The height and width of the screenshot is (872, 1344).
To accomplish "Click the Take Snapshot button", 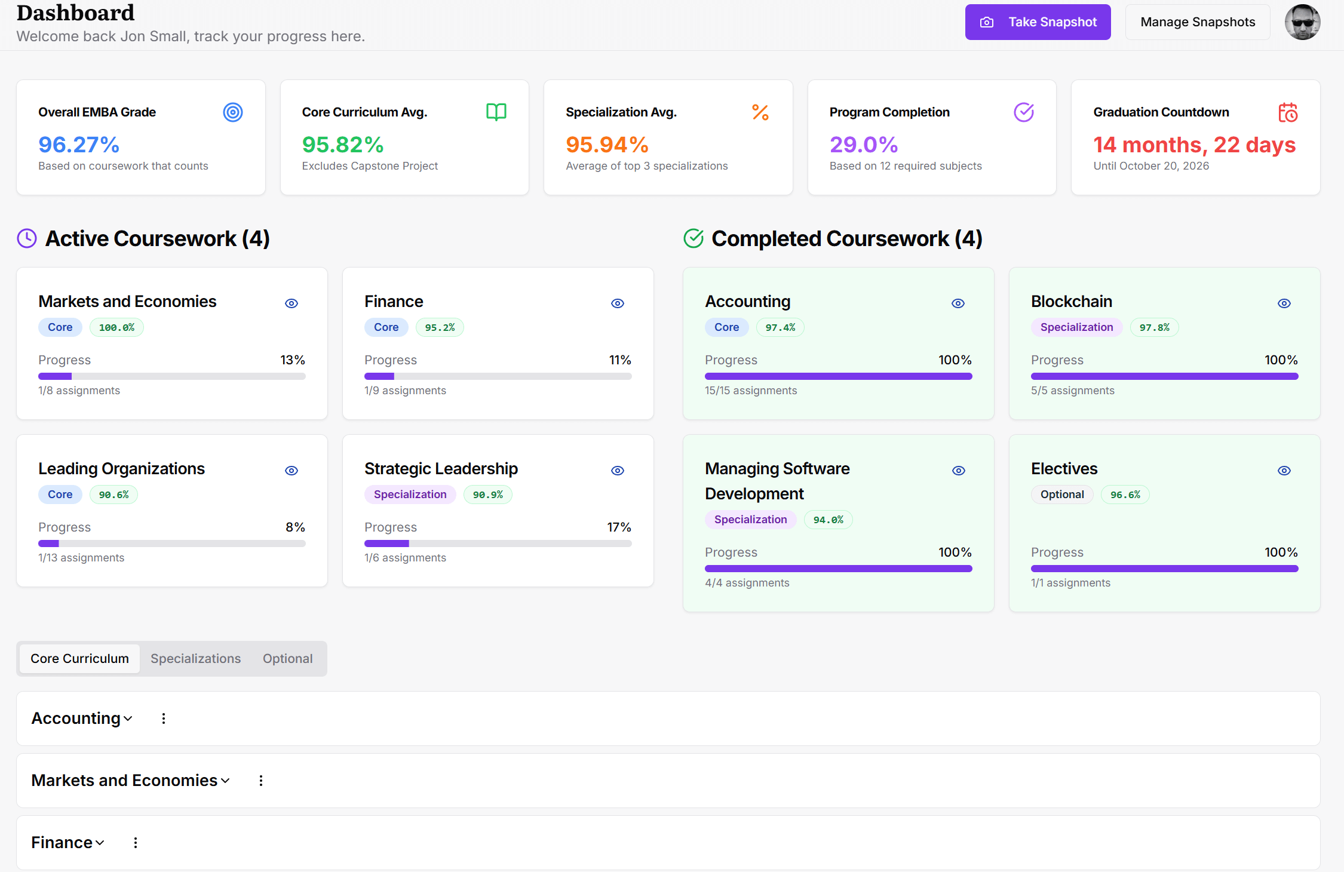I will (1038, 22).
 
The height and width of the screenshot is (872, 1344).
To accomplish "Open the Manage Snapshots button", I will (1197, 22).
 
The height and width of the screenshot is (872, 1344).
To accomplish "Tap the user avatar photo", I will (1302, 22).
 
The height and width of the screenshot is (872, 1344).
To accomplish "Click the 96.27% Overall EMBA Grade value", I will (79, 145).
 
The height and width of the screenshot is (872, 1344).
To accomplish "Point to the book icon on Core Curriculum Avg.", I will (496, 112).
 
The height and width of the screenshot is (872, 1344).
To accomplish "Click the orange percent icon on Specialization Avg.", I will (760, 112).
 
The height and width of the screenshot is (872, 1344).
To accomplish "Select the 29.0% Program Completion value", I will (863, 145).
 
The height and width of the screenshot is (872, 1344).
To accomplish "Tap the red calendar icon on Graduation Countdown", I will (1287, 112).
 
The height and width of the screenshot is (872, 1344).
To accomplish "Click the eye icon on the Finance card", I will (618, 303).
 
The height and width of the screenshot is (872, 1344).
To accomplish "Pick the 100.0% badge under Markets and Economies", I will (116, 327).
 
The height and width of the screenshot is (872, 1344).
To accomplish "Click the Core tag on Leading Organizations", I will (60, 495).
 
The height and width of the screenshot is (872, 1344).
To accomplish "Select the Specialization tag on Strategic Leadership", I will (410, 495).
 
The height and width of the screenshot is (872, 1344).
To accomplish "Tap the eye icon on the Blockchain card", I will (1284, 303).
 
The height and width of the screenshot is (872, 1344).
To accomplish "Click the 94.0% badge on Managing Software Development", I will (828, 520).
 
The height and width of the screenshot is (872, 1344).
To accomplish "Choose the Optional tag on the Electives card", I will (1061, 495).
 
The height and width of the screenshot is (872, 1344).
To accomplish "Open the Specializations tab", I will (195, 659).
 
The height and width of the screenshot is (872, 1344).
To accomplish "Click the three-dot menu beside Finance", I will (136, 843).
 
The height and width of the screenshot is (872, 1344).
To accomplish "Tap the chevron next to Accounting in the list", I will (128, 719).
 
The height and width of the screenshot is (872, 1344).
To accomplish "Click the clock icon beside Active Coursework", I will (27, 238).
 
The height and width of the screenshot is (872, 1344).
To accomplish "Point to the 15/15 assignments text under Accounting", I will (750, 391).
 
